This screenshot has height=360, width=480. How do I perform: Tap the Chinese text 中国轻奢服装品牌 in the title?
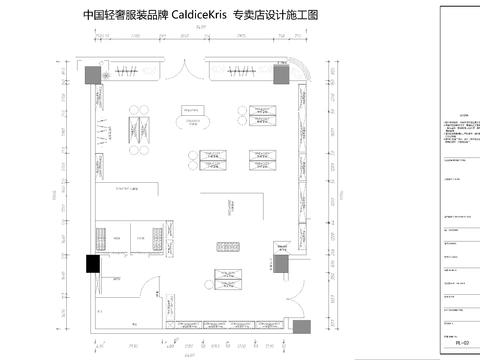point(122,16)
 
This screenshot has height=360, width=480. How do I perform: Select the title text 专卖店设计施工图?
point(275,16)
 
